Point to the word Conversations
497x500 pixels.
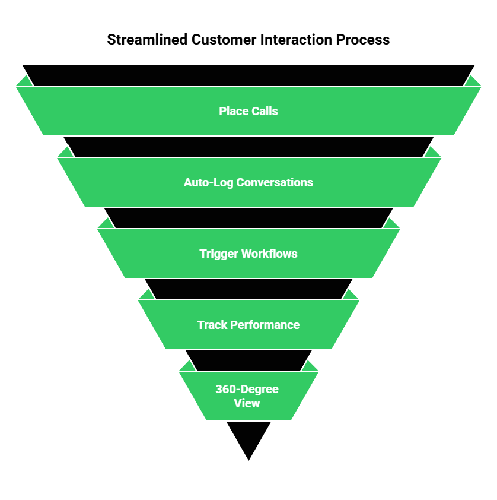click(275, 182)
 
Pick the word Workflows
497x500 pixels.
click(269, 254)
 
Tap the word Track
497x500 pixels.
click(212, 325)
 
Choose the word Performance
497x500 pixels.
click(265, 325)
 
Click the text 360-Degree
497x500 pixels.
click(247, 390)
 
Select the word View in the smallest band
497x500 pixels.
click(247, 403)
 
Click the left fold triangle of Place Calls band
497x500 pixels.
click(24, 81)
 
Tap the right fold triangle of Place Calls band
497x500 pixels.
click(473, 81)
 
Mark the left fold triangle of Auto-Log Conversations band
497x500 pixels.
click(65, 153)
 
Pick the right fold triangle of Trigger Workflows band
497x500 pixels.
click(391, 224)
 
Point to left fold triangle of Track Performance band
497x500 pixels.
click(146, 295)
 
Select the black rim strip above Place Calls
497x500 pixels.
click(249, 75)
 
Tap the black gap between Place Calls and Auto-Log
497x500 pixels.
click(249, 146)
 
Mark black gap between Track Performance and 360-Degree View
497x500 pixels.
click(249, 360)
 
